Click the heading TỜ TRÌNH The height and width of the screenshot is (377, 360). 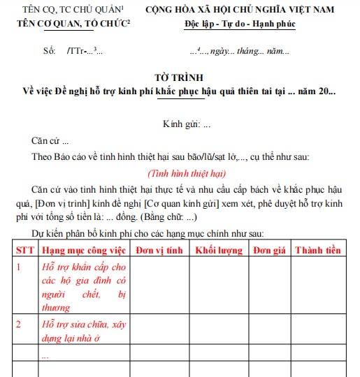pyautogui.click(x=180, y=77)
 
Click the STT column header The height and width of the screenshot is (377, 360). pyautogui.click(x=24, y=249)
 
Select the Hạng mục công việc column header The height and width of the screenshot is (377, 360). pyautogui.click(x=84, y=249)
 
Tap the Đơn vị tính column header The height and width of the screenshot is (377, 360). pyautogui.click(x=159, y=249)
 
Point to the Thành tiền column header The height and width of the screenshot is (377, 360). pyautogui.click(x=318, y=249)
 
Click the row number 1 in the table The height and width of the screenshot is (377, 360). pyautogui.click(x=19, y=267)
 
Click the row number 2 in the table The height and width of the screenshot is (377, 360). pyautogui.click(x=19, y=324)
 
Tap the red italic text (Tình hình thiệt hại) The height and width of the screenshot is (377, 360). pyautogui.click(x=187, y=173)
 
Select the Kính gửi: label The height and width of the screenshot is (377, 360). pyautogui.click(x=181, y=124)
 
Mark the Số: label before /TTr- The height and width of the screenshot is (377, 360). pyautogui.click(x=49, y=52)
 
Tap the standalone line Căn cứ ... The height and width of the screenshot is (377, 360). pyautogui.click(x=50, y=141)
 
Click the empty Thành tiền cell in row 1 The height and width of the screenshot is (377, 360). pyautogui.click(x=318, y=286)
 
